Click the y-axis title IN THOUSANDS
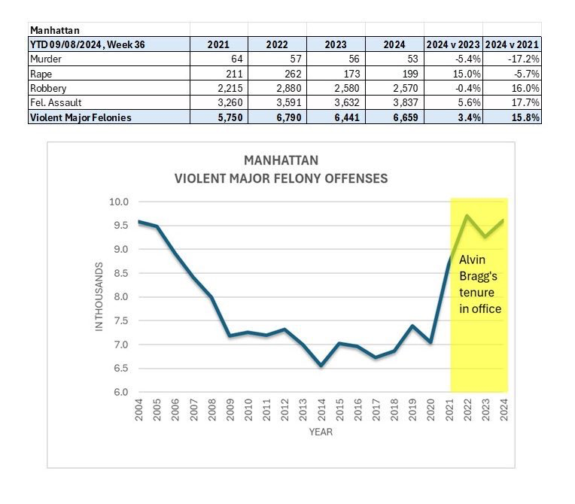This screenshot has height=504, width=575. click(x=99, y=296)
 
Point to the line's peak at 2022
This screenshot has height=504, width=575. click(x=467, y=216)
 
